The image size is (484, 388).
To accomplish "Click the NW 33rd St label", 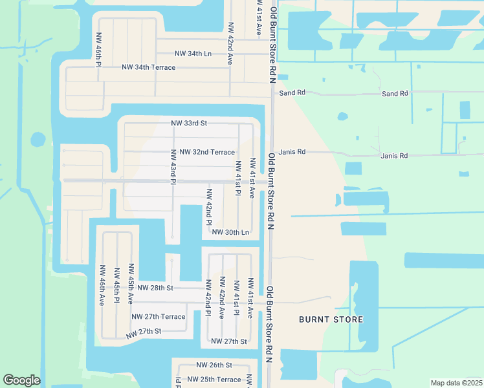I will (x=188, y=123).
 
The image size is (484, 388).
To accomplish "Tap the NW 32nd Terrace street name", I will (x=207, y=152).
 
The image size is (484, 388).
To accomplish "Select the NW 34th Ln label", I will (x=193, y=54).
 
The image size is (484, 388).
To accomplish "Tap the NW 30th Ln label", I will (x=230, y=232).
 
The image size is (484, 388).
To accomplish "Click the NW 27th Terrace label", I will (x=159, y=317).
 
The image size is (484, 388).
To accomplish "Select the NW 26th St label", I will (x=214, y=365).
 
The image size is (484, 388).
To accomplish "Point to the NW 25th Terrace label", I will (x=214, y=380).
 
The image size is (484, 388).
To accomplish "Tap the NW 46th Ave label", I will (x=102, y=285).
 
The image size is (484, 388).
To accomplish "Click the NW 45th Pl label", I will (x=116, y=285).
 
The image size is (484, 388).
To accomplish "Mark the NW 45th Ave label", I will (x=131, y=283).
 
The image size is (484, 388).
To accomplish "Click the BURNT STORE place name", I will (x=331, y=319).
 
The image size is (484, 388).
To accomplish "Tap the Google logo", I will (x=21, y=380).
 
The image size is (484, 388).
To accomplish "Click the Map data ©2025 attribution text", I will (x=456, y=383).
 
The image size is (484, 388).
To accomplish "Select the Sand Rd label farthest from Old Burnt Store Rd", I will (x=395, y=94).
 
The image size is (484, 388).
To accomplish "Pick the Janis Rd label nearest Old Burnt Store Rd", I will (x=292, y=152).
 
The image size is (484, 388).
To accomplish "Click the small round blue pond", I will (x=38, y=139).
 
